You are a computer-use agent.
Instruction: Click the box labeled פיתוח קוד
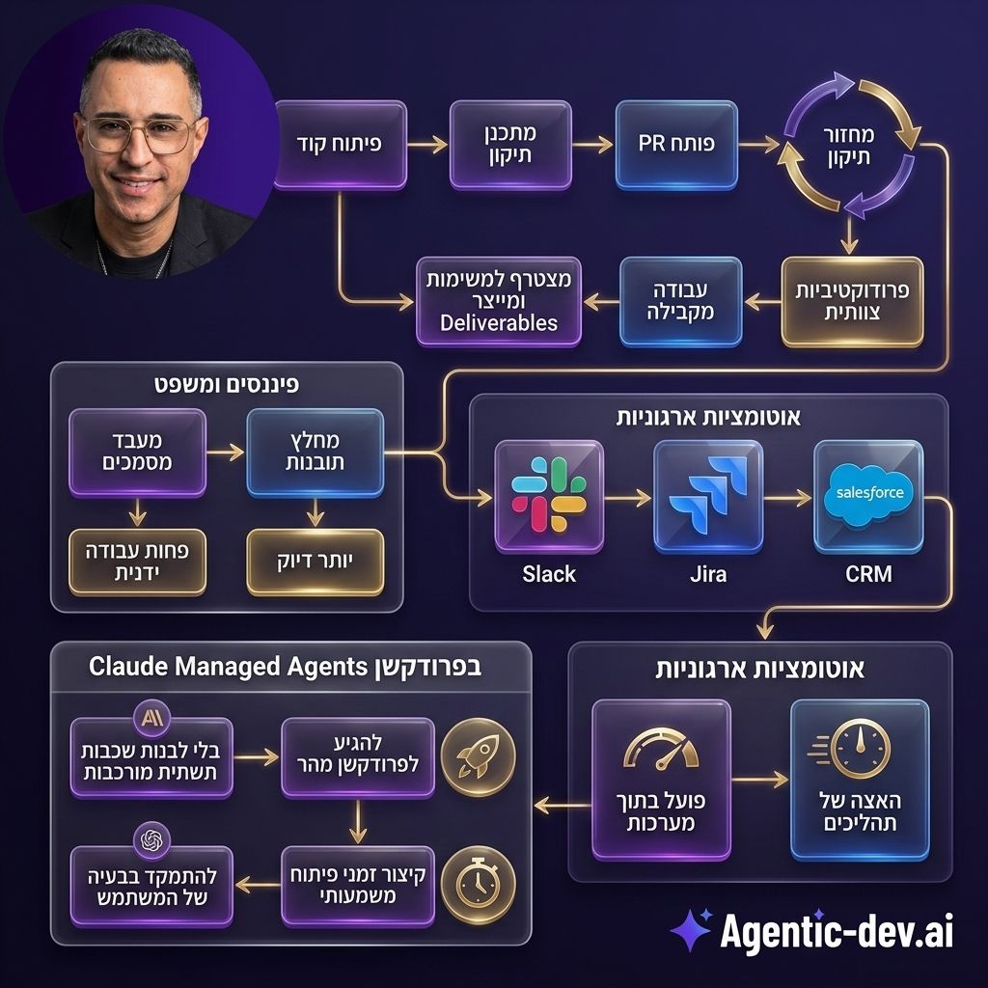[340, 145]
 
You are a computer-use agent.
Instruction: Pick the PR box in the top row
[676, 145]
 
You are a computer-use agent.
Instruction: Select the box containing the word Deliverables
[499, 301]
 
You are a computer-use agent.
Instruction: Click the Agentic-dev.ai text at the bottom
[837, 933]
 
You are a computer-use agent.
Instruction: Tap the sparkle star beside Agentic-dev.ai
[692, 930]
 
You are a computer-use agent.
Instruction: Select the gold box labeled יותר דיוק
[315, 562]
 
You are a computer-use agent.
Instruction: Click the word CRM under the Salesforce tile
[868, 574]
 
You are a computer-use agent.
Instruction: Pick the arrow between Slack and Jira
[626, 498]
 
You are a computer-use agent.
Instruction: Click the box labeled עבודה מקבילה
[681, 301]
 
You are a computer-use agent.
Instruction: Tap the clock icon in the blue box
[860, 748]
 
